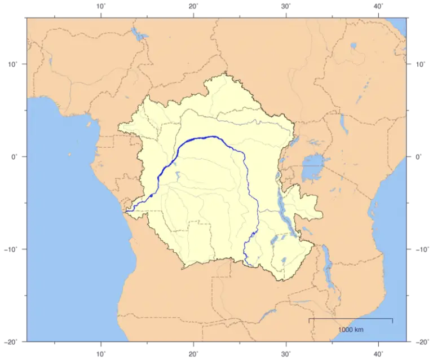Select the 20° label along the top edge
coord(193,6)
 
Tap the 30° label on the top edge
coord(285,6)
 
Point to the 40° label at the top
coord(378,6)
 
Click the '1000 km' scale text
coord(351,330)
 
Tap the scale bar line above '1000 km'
coord(351,319)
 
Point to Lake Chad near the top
coord(138,36)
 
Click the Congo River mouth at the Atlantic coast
coord(127,210)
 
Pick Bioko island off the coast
coord(89,123)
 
